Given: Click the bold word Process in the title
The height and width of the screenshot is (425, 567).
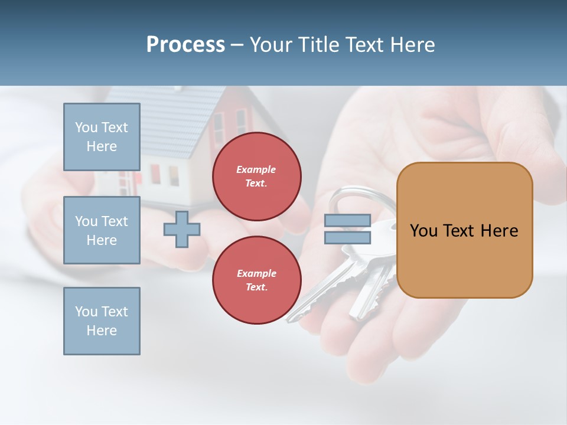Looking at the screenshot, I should (185, 45).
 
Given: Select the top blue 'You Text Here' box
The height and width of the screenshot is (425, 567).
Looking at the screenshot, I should (102, 137).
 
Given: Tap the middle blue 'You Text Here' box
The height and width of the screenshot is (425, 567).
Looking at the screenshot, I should (102, 230).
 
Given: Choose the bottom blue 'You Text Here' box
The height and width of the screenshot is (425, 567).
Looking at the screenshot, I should (102, 321).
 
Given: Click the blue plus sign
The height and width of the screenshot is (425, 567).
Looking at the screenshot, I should (182, 229).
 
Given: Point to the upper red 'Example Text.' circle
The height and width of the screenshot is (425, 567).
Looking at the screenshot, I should (256, 176).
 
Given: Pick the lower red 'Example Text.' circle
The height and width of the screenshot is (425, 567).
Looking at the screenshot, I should (256, 280).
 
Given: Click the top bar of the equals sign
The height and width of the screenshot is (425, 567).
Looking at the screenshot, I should (348, 221).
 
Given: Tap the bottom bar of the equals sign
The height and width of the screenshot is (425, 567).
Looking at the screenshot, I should (348, 237).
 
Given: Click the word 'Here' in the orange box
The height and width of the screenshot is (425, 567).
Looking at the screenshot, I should (499, 231).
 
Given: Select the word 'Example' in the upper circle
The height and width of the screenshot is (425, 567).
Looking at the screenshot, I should (256, 169).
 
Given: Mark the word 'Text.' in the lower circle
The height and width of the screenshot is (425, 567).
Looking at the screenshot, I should (256, 287).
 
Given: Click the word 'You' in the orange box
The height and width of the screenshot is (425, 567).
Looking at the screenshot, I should (423, 231).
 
